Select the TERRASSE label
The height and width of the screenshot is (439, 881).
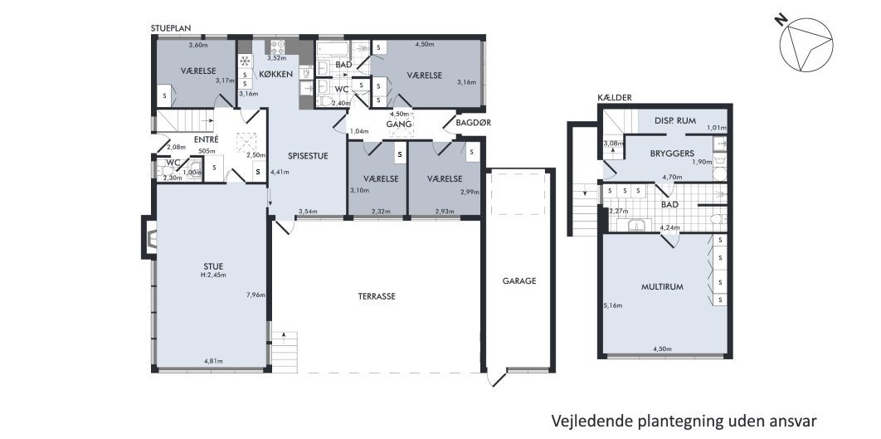(x=376, y=296)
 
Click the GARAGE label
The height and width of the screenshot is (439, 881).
(x=519, y=280)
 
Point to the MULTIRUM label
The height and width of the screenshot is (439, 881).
(x=662, y=286)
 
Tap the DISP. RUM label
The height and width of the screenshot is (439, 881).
(x=674, y=120)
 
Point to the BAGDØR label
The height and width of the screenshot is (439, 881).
(x=462, y=124)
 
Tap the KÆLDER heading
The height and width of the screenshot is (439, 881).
(x=616, y=98)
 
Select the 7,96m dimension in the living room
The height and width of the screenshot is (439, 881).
(x=256, y=295)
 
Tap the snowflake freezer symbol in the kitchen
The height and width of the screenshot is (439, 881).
(x=245, y=61)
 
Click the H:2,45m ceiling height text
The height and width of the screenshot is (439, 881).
(x=213, y=275)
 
